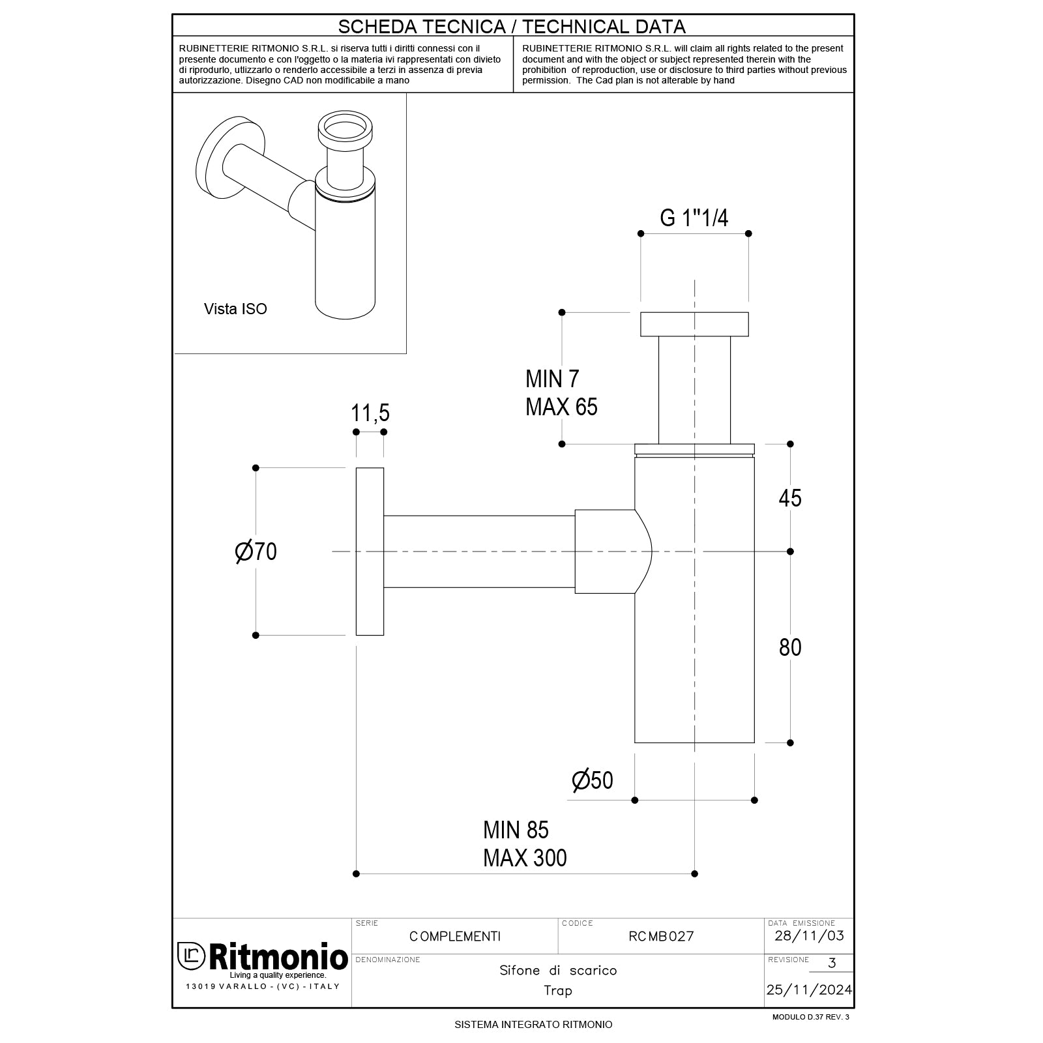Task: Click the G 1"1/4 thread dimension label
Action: (694, 218)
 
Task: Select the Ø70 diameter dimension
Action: (256, 551)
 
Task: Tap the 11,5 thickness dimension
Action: (370, 413)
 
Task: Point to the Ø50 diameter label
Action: (592, 780)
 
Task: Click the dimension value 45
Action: (790, 498)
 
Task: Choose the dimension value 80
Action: (790, 647)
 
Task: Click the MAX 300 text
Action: (525, 858)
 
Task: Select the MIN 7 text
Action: (551, 379)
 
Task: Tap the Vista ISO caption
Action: (235, 309)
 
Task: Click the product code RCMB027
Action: (661, 937)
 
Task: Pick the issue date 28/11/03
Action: (808, 936)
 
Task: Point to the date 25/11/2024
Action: (808, 990)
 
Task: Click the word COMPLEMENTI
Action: (455, 937)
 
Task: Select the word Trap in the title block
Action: (558, 991)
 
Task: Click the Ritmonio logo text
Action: (277, 957)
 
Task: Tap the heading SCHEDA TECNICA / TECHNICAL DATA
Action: (512, 27)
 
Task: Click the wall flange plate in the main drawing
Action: (370, 551)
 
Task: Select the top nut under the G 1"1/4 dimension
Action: (694, 324)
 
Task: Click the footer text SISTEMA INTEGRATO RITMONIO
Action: (533, 1025)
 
